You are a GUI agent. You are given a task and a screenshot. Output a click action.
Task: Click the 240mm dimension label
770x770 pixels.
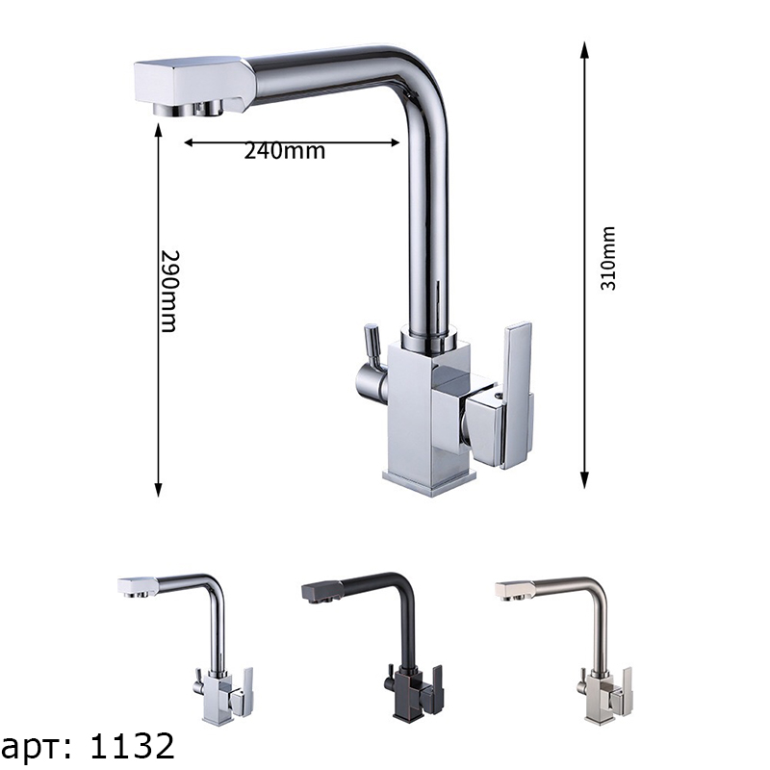(285, 151)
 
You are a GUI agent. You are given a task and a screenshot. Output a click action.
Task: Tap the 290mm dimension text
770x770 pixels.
(168, 292)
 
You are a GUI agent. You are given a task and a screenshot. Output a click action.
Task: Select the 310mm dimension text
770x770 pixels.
(608, 258)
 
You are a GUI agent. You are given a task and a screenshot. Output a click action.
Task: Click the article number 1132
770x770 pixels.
(133, 746)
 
